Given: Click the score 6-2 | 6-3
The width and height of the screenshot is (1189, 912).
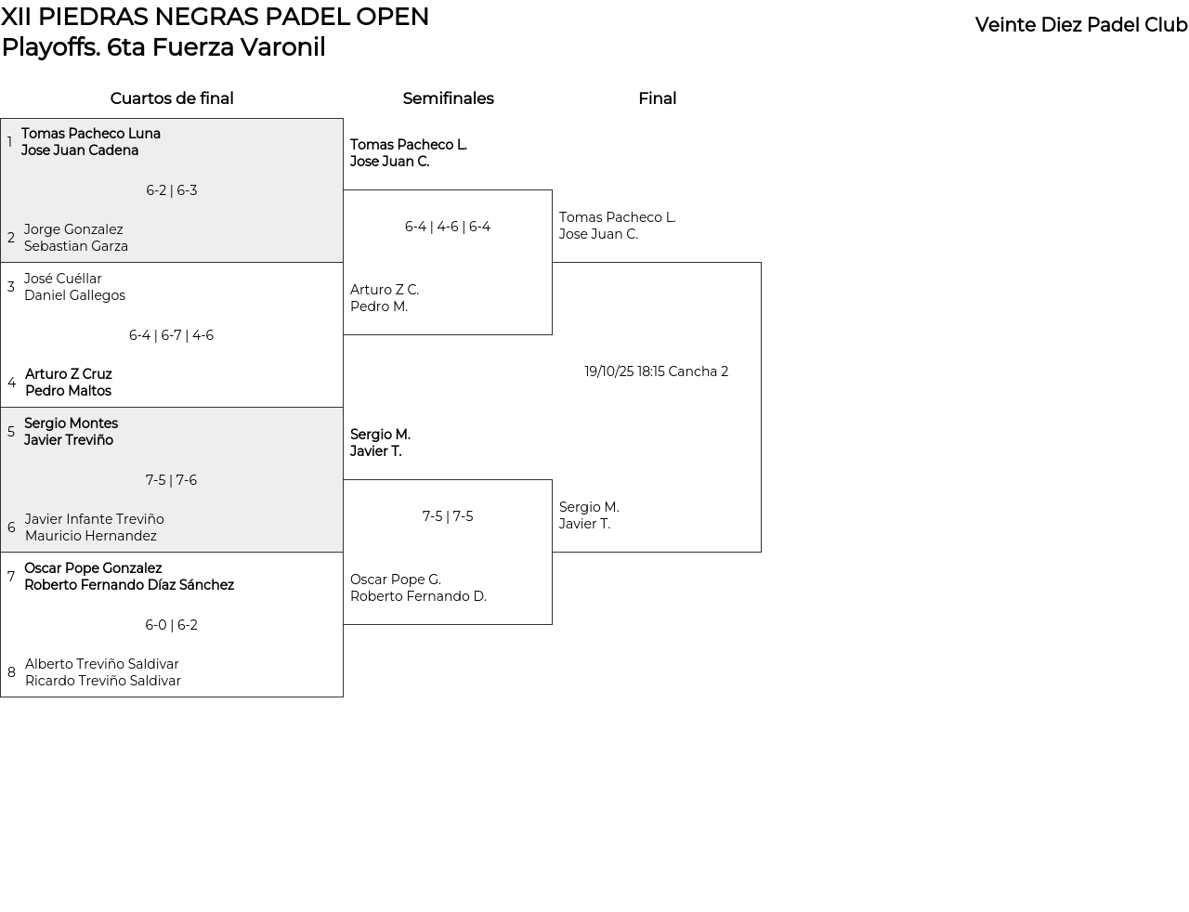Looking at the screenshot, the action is (x=171, y=190).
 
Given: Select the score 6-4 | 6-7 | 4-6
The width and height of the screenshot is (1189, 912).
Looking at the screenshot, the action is (x=171, y=335).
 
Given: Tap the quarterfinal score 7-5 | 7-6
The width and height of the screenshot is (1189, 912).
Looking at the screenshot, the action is (x=171, y=480).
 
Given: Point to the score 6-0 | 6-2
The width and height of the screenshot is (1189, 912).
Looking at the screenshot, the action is (x=171, y=625).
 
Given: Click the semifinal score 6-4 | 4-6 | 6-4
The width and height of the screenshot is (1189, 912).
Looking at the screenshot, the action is (x=448, y=227).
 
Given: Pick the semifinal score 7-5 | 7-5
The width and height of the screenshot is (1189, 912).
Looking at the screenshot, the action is (x=448, y=516).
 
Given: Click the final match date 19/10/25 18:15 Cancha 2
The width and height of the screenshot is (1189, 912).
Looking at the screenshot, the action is (x=656, y=371).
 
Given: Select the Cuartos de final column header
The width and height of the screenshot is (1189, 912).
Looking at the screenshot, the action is (x=172, y=98).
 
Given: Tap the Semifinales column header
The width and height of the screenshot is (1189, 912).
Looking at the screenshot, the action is (x=448, y=98).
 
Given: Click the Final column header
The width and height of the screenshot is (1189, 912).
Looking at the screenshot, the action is (x=657, y=98).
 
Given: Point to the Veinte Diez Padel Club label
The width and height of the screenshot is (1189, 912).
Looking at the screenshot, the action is (x=1081, y=25).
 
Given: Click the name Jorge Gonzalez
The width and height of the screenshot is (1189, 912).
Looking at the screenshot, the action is (x=73, y=229).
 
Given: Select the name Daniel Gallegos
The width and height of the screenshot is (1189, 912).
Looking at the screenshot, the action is (x=75, y=295).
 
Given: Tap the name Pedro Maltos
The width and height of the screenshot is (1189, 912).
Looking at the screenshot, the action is (x=69, y=391).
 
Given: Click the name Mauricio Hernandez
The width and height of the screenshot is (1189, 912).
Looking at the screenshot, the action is (x=91, y=536).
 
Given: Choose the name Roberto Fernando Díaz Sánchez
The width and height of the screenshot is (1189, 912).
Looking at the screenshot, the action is (x=129, y=585).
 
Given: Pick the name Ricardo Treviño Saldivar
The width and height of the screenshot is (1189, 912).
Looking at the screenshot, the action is (x=103, y=681).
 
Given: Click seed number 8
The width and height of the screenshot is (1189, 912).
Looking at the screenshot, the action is (x=11, y=672).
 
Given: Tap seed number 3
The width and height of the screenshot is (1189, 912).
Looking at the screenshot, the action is (x=11, y=287).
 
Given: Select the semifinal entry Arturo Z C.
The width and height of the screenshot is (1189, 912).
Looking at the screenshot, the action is (x=385, y=290).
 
